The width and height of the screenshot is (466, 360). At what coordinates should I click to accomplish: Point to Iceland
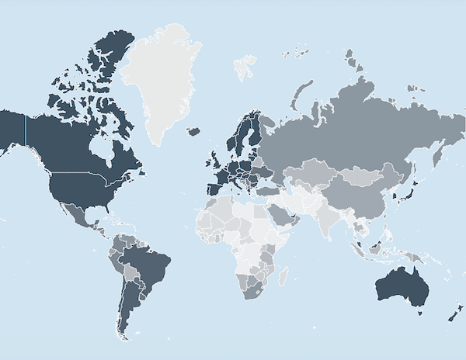click(x=193, y=131)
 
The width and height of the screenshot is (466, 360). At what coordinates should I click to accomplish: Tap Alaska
click(x=11, y=128)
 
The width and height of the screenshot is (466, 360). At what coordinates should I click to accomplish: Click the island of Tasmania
click(x=420, y=311)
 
